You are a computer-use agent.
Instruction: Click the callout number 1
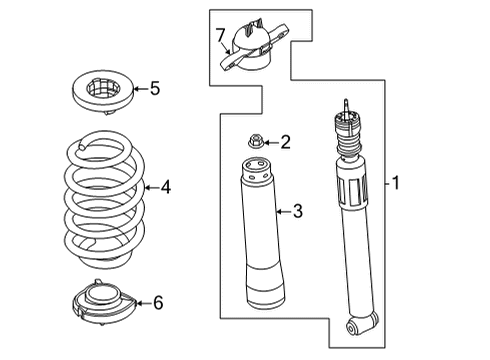396,183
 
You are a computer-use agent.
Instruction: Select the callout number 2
285,143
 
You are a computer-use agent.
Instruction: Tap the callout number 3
296,211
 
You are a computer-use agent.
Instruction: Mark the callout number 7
220,37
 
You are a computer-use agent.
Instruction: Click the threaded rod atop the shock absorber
347,107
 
